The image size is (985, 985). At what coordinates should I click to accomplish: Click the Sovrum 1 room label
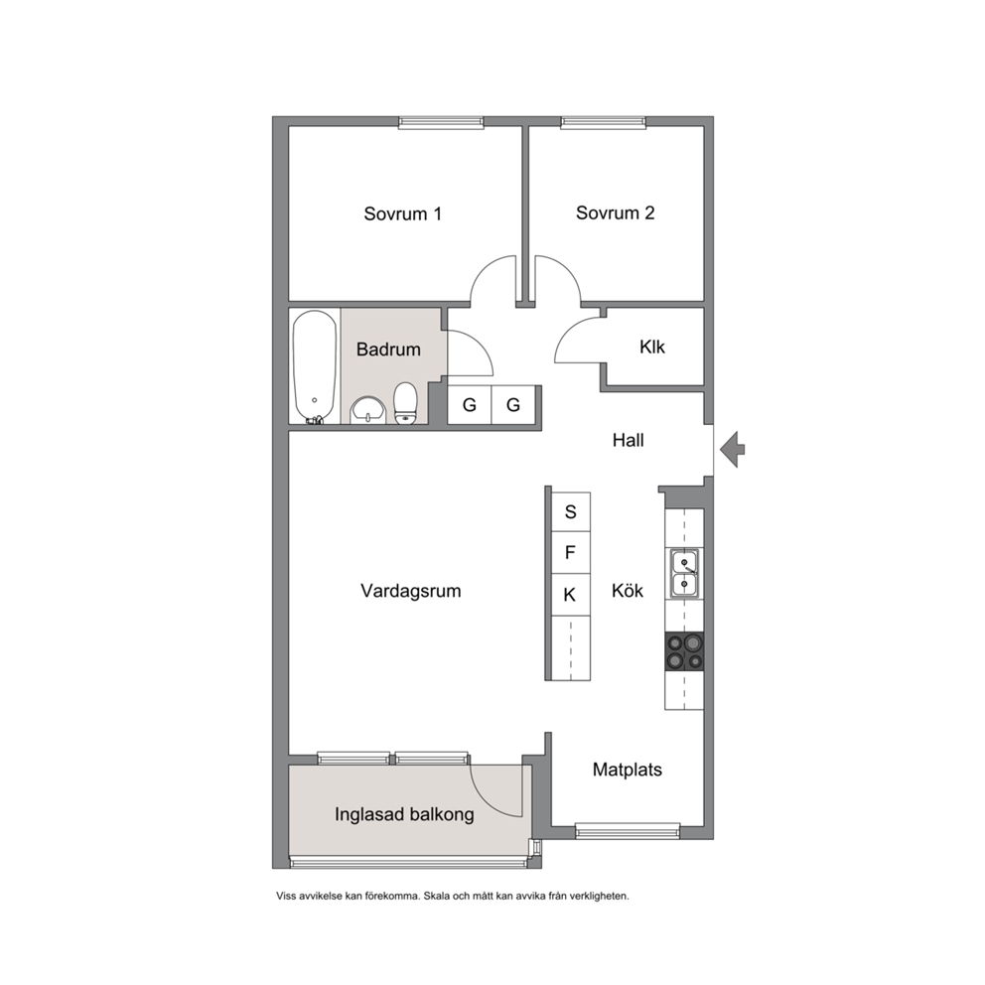403,213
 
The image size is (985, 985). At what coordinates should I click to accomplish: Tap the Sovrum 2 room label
615,212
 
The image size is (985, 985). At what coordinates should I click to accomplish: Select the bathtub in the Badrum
315,366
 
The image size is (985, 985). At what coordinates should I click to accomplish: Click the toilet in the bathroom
405,403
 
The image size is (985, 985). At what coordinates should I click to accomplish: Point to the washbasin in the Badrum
368,410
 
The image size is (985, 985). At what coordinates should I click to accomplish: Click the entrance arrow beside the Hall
732,449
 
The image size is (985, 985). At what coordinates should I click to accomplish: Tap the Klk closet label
652,347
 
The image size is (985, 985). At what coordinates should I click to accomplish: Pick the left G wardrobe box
470,404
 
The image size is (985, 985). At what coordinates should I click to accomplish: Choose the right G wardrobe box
513,404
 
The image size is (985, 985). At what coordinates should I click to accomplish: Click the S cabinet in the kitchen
570,512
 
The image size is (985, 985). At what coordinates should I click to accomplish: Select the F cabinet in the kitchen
570,553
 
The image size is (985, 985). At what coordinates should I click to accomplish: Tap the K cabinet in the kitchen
570,594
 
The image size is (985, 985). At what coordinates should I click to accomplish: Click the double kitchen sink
684,572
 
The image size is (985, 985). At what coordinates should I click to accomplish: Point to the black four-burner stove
684,651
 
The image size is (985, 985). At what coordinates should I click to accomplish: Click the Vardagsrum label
411,591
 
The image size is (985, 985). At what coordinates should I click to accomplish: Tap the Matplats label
627,770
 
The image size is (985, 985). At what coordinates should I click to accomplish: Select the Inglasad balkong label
404,815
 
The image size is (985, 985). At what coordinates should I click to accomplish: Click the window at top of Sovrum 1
441,122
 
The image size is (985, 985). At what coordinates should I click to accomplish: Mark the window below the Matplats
628,832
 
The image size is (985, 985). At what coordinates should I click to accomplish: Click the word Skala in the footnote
437,896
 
